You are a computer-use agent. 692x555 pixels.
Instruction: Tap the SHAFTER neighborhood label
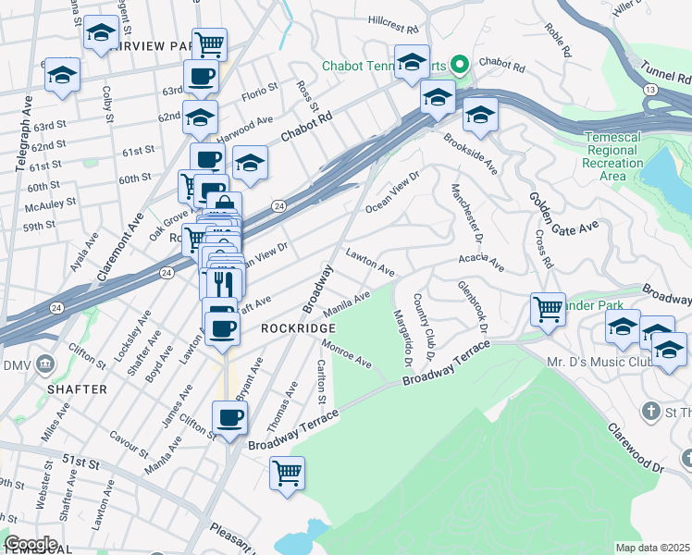77,389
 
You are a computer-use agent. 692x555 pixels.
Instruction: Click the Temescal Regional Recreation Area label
613,156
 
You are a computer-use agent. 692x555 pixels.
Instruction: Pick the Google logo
31,543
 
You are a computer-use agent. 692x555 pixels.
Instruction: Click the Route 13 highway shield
651,89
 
